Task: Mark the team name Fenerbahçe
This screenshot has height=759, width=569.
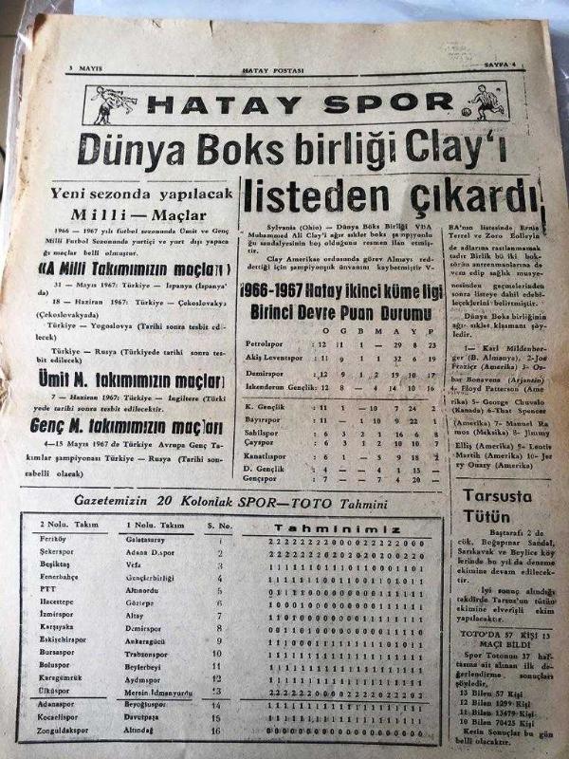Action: point(62,576)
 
